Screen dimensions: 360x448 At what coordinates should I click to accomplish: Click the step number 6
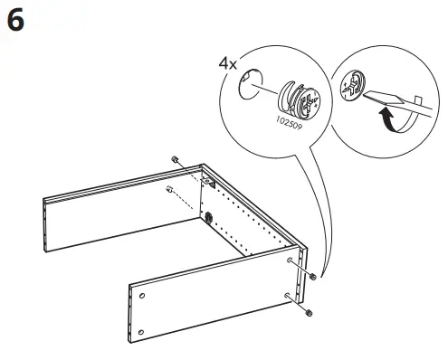tap(15, 20)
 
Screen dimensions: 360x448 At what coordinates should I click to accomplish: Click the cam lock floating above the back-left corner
tap(174, 160)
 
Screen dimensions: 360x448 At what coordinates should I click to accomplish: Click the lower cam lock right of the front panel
tap(310, 312)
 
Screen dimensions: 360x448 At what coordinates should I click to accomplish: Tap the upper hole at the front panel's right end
tap(290, 261)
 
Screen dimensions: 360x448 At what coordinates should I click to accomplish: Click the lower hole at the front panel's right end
tap(287, 297)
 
